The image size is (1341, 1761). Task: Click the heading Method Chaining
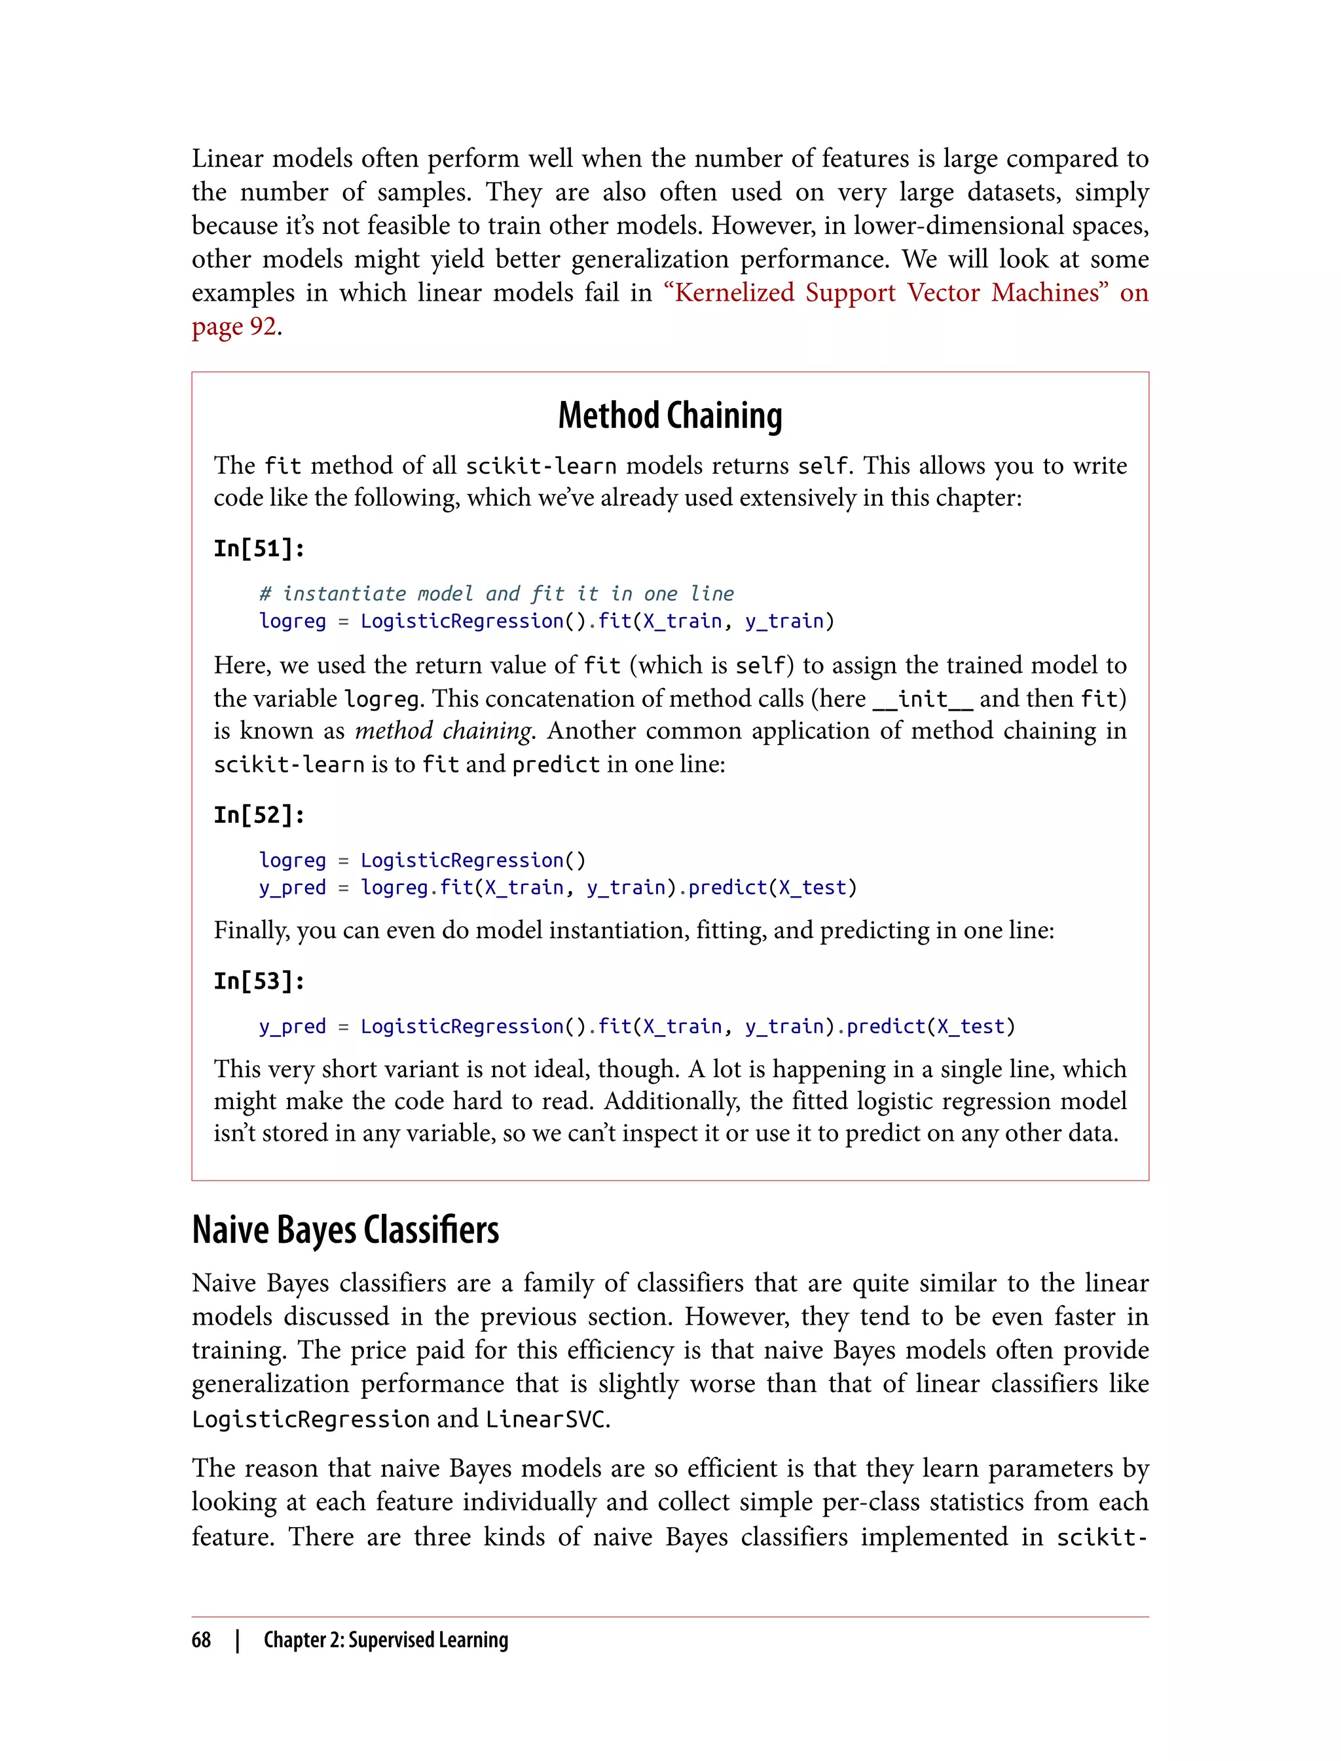coord(670,416)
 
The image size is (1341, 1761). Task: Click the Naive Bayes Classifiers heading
coord(345,1230)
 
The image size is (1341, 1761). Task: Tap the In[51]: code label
coord(259,548)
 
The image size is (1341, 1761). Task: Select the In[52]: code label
coord(259,816)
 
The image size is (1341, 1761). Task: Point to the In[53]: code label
coord(259,981)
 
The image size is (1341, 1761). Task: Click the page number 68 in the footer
coord(201,1640)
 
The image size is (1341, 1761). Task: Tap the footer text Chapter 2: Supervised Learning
coord(386,1640)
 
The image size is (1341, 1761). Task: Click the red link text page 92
coord(234,327)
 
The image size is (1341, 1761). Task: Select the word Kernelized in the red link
coord(733,293)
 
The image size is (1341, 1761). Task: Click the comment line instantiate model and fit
coord(496,594)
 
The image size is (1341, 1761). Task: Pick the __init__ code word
coord(923,700)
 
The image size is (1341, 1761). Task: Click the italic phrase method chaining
coord(443,730)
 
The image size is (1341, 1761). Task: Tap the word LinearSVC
coord(546,1419)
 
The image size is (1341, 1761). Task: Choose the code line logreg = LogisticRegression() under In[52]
coord(422,860)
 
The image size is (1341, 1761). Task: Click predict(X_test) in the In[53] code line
coord(930,1026)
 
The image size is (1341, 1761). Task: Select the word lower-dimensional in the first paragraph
coord(958,226)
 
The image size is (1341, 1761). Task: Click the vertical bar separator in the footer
coord(238,1640)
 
